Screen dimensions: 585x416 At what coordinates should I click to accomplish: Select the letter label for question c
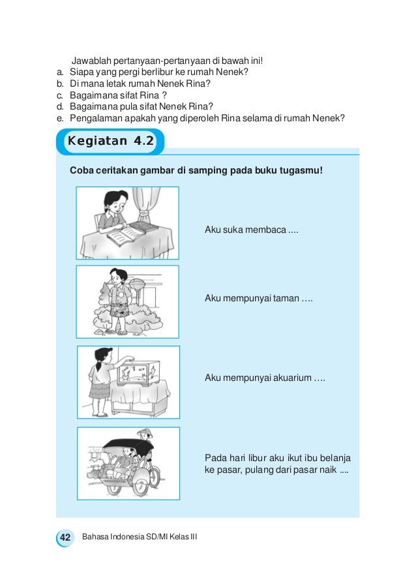pyautogui.click(x=59, y=95)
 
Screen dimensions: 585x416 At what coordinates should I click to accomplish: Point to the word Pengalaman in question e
pyautogui.click(x=99, y=118)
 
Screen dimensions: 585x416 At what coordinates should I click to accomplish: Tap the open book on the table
pyautogui.click(x=125, y=238)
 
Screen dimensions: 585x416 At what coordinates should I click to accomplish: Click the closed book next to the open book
pyautogui.click(x=145, y=228)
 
